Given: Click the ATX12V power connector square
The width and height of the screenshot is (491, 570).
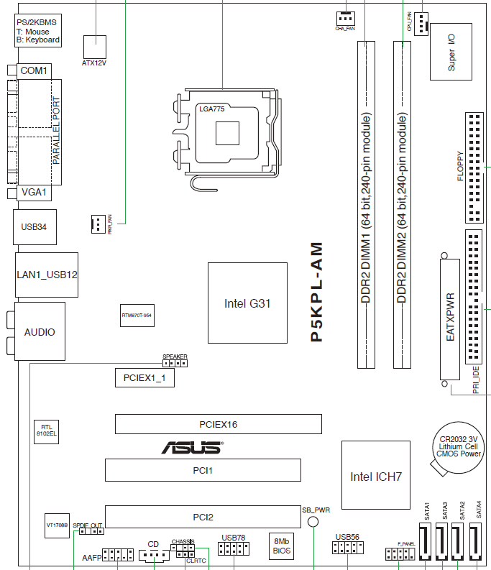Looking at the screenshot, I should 94,45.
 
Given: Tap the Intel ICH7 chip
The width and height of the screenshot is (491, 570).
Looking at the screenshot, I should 375,476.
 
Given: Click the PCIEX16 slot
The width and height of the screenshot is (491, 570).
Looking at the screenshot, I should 218,424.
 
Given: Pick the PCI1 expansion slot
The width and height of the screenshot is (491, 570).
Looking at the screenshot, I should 202,470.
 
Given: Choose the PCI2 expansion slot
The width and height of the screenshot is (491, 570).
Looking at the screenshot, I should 202,515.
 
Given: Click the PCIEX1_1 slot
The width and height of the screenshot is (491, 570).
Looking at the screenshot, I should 144,377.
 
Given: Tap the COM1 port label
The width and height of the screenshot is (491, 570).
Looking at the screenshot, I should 33,70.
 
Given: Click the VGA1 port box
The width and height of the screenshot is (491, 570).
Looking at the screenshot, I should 33,192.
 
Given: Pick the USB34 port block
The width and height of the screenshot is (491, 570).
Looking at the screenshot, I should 34,227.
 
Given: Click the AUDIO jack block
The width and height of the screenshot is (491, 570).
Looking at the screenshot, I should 40,332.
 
